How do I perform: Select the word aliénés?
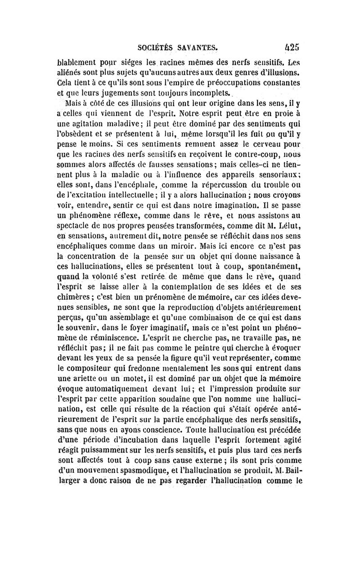click(x=72, y=74)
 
